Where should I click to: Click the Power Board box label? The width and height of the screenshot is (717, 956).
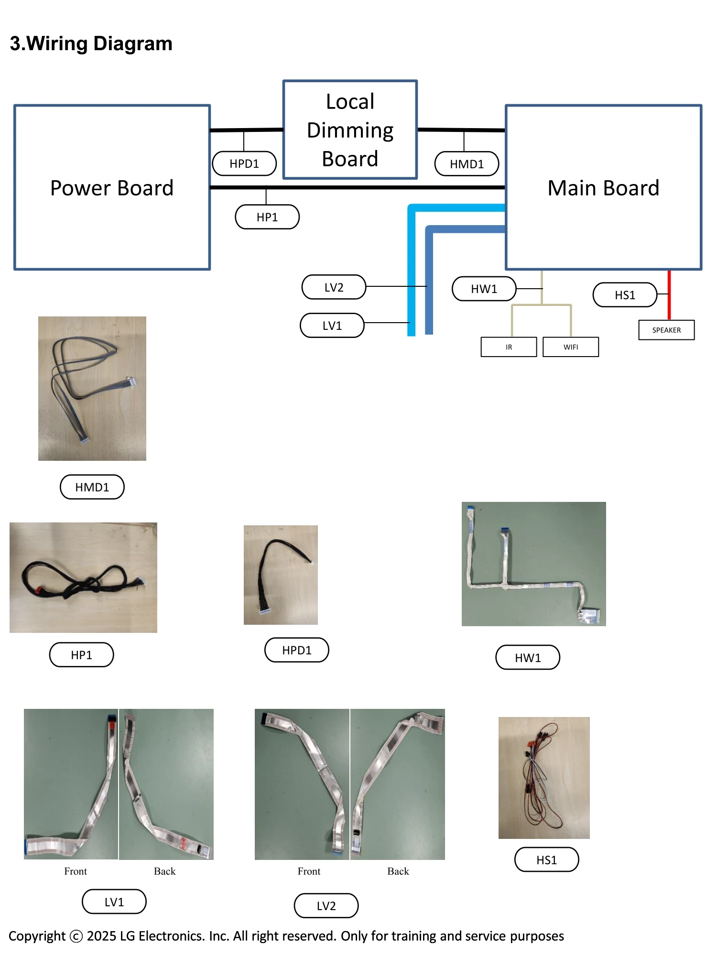(112, 188)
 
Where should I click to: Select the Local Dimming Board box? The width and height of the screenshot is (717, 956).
(350, 130)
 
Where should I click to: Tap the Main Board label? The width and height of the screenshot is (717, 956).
(603, 188)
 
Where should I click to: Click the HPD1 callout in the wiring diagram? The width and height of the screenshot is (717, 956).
(244, 163)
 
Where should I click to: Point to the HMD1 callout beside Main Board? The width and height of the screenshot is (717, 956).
(467, 164)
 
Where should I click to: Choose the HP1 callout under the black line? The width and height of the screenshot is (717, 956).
(267, 217)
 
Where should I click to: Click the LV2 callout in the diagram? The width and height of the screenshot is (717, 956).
(334, 287)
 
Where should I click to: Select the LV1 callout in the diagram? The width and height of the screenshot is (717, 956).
(332, 326)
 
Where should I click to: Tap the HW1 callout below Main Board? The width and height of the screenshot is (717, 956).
(484, 289)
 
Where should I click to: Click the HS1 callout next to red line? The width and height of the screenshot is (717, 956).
(625, 295)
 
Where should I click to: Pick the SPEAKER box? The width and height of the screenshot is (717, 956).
(666, 330)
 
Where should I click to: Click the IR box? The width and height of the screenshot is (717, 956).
(509, 347)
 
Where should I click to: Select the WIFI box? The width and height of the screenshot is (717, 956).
(571, 347)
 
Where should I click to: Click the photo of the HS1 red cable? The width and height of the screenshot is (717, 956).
(544, 778)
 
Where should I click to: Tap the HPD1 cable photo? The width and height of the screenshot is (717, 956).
(281, 575)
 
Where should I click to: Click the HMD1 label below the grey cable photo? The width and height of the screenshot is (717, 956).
(92, 487)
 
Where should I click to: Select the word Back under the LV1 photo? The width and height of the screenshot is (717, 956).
(164, 871)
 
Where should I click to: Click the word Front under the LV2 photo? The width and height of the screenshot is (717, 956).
(309, 871)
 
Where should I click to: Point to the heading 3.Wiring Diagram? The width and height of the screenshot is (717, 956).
(91, 43)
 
